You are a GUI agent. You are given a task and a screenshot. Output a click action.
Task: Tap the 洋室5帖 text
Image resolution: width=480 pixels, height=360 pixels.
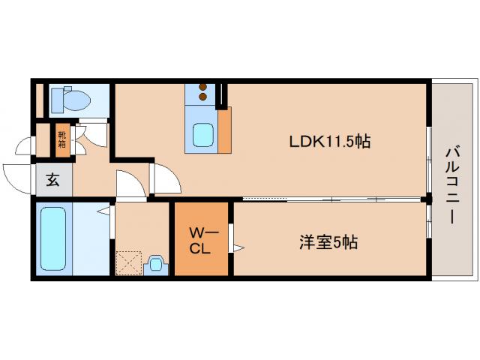click(x=328, y=241)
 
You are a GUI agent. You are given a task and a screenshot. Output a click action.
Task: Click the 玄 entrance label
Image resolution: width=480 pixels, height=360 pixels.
click(x=53, y=179)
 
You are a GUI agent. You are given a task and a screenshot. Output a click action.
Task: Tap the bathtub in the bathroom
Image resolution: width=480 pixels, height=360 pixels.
click(x=54, y=239)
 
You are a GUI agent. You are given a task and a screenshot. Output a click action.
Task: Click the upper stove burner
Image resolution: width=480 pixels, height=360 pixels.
click(x=202, y=87)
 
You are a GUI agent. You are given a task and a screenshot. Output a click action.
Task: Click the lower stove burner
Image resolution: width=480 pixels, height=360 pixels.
click(x=202, y=96)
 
